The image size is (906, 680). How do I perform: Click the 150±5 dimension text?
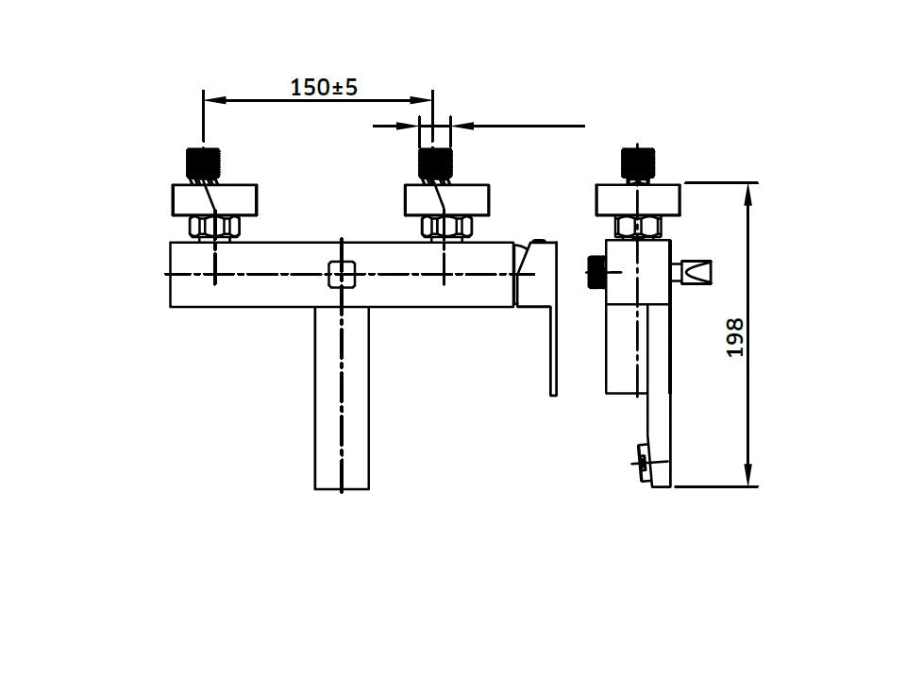tap(324, 88)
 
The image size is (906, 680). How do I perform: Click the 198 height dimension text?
tap(735, 337)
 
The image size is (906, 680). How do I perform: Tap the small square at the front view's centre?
tap(342, 274)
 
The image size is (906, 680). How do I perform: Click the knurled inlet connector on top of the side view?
tap(638, 164)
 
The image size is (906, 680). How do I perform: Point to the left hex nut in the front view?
tap(215, 228)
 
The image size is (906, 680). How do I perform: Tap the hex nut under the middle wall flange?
tap(446, 228)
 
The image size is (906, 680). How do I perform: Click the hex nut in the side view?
tap(639, 228)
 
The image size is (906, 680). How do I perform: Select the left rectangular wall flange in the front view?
tap(214, 200)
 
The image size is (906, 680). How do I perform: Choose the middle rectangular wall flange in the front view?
tap(446, 200)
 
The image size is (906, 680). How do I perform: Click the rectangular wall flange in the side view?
tap(638, 200)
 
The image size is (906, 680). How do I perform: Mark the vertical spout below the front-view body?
tap(342, 399)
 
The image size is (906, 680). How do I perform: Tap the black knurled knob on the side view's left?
tap(596, 273)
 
